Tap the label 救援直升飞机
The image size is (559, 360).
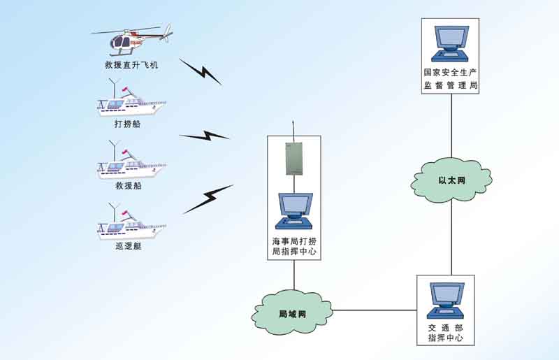click(x=132, y=66)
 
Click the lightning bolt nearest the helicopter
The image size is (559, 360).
click(x=201, y=71)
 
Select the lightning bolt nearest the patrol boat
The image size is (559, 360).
click(x=208, y=199)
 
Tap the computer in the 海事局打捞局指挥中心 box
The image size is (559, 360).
click(x=293, y=210)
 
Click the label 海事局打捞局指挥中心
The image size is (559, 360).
click(x=293, y=246)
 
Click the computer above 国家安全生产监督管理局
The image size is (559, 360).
click(x=451, y=43)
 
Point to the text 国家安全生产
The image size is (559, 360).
click(x=451, y=72)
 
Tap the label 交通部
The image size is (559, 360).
click(x=446, y=328)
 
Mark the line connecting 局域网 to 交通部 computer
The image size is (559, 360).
click(x=375, y=310)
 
